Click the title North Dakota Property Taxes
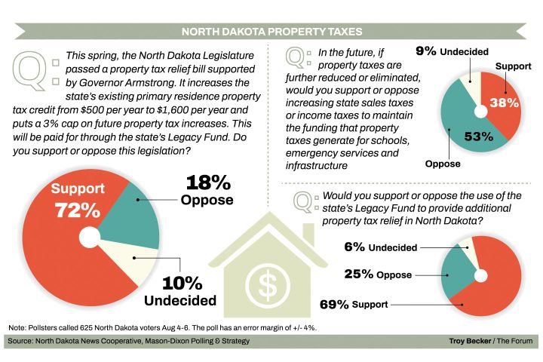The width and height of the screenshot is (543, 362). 271,32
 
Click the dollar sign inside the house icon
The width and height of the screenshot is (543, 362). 268,281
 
